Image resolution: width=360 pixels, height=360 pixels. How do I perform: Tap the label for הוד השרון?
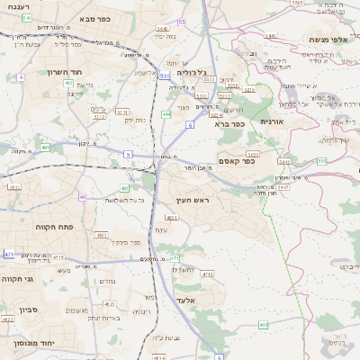(x=67, y=71)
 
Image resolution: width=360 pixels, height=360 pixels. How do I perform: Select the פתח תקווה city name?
(x=55, y=228)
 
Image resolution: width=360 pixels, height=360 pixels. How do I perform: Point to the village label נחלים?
(x=106, y=280)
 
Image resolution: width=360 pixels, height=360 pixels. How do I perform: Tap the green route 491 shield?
(x=44, y=147)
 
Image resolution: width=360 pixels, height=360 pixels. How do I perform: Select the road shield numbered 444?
(x=166, y=114)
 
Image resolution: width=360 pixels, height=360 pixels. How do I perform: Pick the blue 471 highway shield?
(x=8, y=256)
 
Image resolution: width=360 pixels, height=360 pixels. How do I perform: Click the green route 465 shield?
(x=262, y=324)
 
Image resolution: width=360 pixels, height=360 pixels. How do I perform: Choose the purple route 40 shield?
(x=82, y=196)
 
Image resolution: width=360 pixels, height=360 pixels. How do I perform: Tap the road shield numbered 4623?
(x=8, y=319)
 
